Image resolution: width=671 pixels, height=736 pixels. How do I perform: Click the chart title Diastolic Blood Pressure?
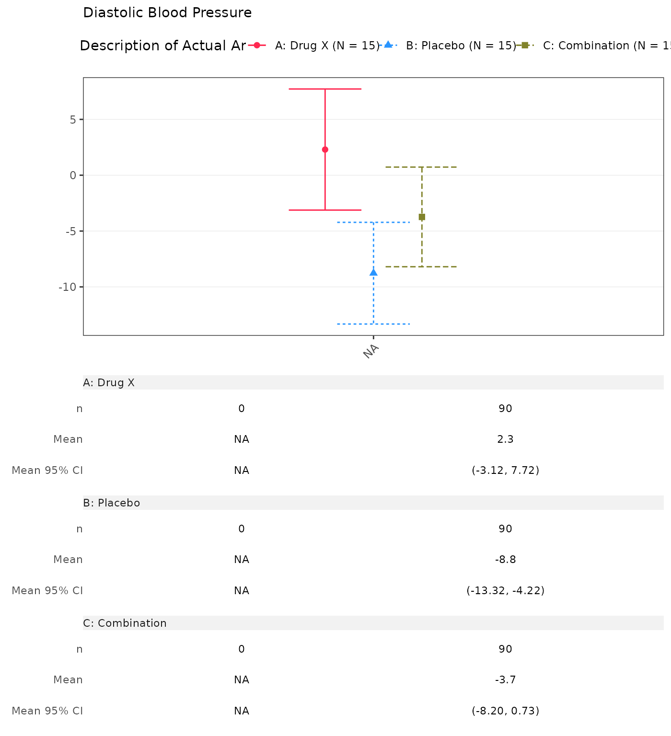(x=167, y=13)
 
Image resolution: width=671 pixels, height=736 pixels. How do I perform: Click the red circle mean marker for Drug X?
(x=325, y=149)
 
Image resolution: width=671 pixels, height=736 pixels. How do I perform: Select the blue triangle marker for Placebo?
(x=373, y=272)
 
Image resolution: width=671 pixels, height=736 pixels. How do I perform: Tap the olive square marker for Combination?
(x=422, y=217)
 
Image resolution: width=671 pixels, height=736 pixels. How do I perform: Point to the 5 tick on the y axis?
(x=73, y=119)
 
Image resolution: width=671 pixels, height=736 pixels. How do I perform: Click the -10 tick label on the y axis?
(x=67, y=287)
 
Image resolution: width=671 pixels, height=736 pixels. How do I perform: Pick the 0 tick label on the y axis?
(x=73, y=175)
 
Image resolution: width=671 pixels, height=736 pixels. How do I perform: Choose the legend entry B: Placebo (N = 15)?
(x=461, y=46)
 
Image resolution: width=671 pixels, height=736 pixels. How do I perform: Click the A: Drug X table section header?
(x=109, y=382)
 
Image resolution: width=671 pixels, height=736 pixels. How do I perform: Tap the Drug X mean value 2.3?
(x=505, y=439)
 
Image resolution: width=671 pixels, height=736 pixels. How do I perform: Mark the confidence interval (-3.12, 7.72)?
(x=505, y=470)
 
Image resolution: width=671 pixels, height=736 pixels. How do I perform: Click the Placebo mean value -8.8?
(x=505, y=560)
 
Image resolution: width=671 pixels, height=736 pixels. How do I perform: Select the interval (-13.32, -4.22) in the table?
(x=505, y=590)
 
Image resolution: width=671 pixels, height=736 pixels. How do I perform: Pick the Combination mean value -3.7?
(x=505, y=680)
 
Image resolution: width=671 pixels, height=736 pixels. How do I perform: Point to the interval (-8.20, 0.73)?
(x=505, y=711)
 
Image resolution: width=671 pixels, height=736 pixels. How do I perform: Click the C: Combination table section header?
(x=125, y=623)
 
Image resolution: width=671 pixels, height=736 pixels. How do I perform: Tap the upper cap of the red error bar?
(x=325, y=89)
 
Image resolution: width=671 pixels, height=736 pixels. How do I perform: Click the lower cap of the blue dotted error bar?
(x=373, y=324)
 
